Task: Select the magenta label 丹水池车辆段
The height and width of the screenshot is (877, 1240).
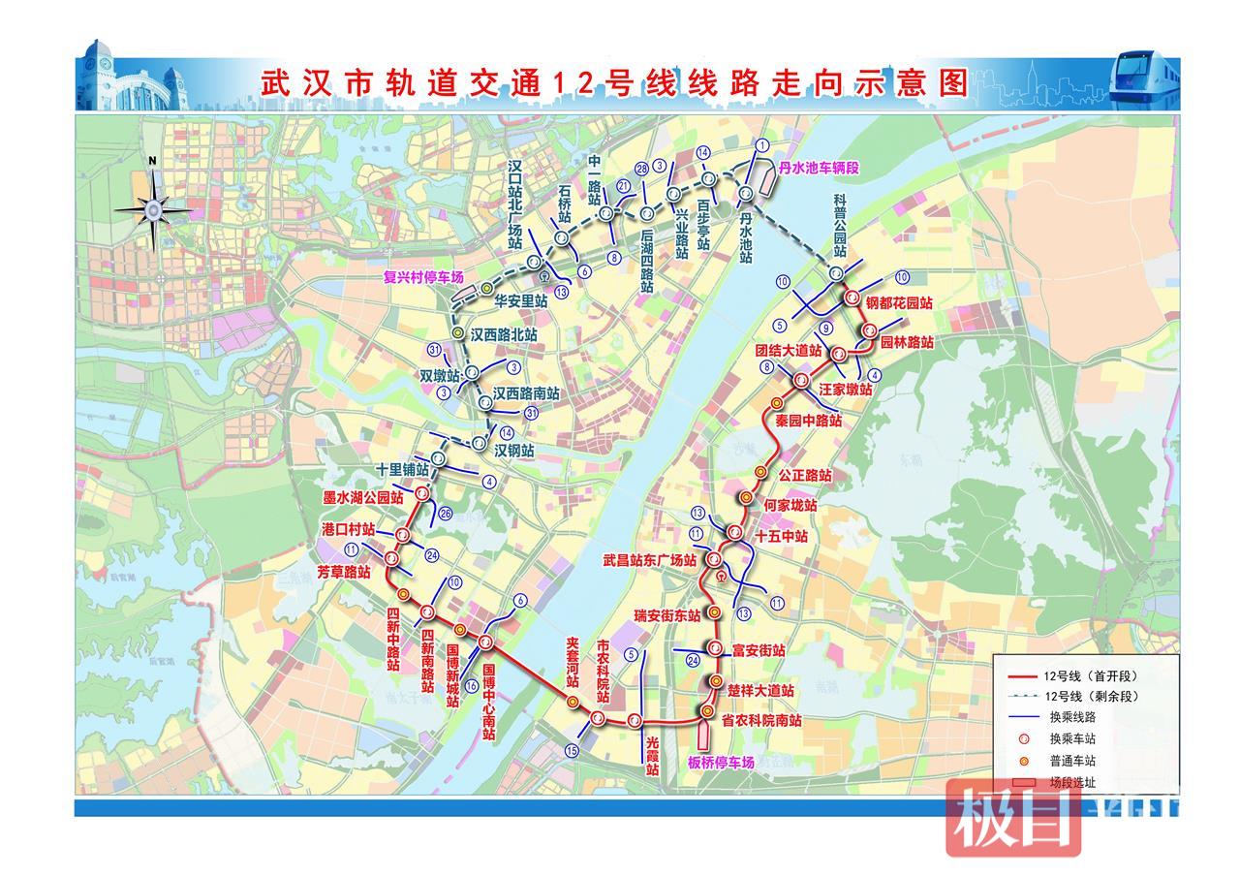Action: tap(820, 168)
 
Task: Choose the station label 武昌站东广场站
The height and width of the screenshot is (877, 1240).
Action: tap(649, 560)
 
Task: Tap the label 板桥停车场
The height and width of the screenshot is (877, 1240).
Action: tap(722, 763)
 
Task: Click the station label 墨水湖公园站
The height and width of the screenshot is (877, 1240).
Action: tap(362, 497)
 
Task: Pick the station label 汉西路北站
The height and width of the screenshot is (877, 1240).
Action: tap(504, 333)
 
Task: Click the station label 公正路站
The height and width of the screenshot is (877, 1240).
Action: tap(805, 476)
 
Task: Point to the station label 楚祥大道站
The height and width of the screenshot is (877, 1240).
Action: tap(760, 691)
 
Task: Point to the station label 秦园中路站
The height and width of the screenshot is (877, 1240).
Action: tap(809, 422)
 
